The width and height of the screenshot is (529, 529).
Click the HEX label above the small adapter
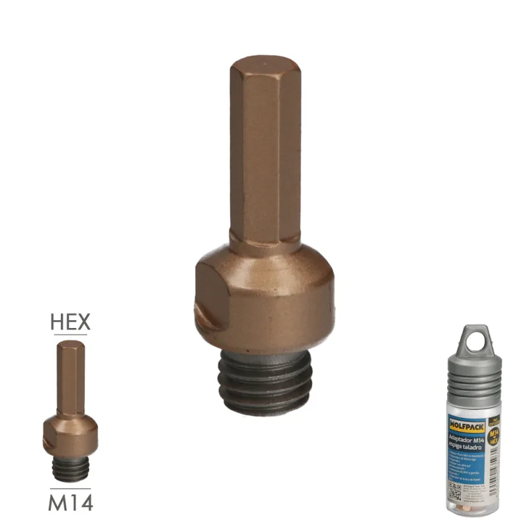click(x=71, y=323)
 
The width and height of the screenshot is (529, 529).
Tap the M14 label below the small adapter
click(x=70, y=503)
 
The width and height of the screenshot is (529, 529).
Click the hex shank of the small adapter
click(x=70, y=377)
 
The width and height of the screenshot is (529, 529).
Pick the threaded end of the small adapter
click(x=71, y=468)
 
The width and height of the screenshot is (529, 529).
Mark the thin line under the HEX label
click(x=71, y=335)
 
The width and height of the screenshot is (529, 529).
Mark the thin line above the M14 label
click(x=70, y=489)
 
